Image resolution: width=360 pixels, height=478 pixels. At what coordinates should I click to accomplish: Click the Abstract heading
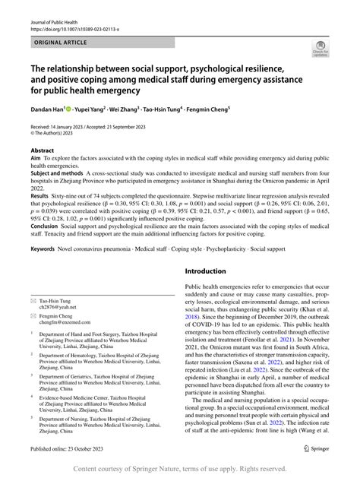coord(43,151)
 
